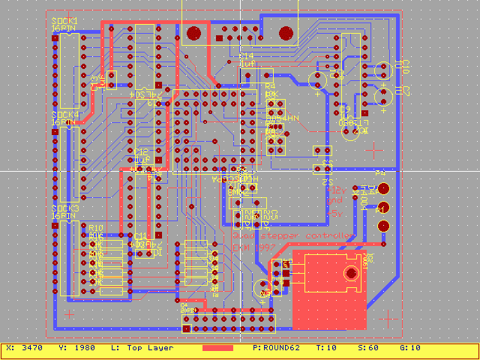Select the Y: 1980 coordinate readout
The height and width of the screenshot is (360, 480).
point(73,348)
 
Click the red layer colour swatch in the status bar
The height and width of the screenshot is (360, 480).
point(217,348)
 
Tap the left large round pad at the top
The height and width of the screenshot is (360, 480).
point(193,34)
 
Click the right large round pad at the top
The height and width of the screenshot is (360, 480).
point(285,34)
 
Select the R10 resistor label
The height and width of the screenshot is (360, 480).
point(95,227)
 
